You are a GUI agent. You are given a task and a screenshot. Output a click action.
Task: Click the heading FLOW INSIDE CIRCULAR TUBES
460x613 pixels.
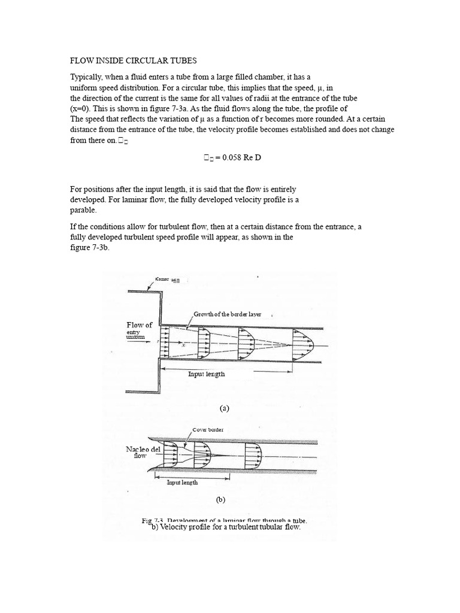134,61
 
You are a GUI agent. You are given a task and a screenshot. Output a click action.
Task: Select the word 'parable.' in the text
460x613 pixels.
83,211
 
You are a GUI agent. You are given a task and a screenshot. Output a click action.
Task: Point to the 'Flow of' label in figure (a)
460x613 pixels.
139,325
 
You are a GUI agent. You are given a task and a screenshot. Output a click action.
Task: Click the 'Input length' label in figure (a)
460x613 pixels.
207,374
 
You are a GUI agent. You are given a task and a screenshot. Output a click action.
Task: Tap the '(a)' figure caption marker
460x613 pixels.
225,408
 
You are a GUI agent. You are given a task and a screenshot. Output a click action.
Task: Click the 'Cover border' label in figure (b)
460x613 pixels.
207,430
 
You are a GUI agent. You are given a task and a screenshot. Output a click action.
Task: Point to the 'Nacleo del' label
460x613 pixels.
140,449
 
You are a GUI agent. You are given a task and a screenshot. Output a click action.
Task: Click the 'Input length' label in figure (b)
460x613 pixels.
182,482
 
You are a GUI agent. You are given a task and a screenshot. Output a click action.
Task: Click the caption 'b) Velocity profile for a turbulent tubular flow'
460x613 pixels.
222,527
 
